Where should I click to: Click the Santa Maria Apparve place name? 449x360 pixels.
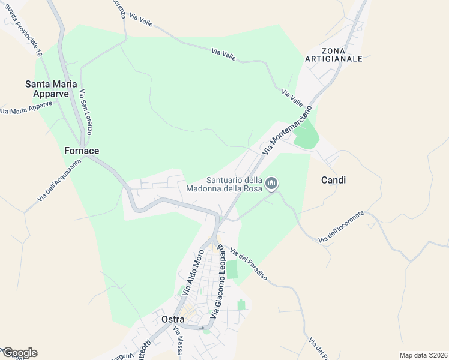coord(49,89)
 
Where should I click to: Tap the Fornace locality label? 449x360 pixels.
coord(82,151)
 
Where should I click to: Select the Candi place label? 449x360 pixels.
coord(333,180)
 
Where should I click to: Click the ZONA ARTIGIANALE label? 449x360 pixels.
coord(333,54)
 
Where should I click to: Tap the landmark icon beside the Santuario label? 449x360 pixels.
coord(272,184)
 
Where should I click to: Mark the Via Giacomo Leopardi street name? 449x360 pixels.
coord(217,280)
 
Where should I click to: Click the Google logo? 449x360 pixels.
coord(19,353)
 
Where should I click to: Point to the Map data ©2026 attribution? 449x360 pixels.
coord(423,355)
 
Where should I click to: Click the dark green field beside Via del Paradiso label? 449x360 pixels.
coord(232,270)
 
